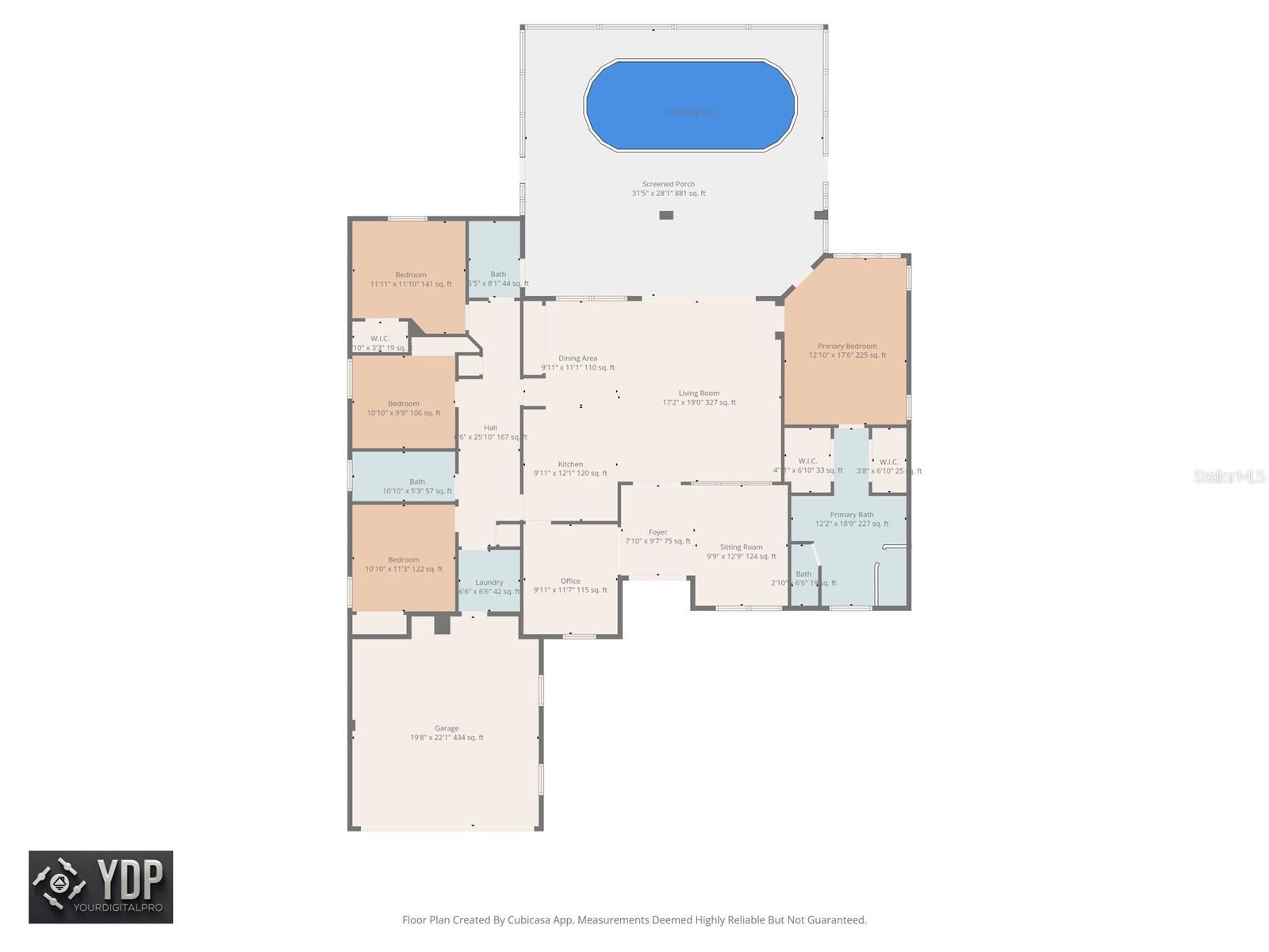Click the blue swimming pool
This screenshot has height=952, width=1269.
point(690,105)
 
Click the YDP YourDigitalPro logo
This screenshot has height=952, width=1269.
point(101,887)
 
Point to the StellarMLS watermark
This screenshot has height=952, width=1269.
point(1229,476)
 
